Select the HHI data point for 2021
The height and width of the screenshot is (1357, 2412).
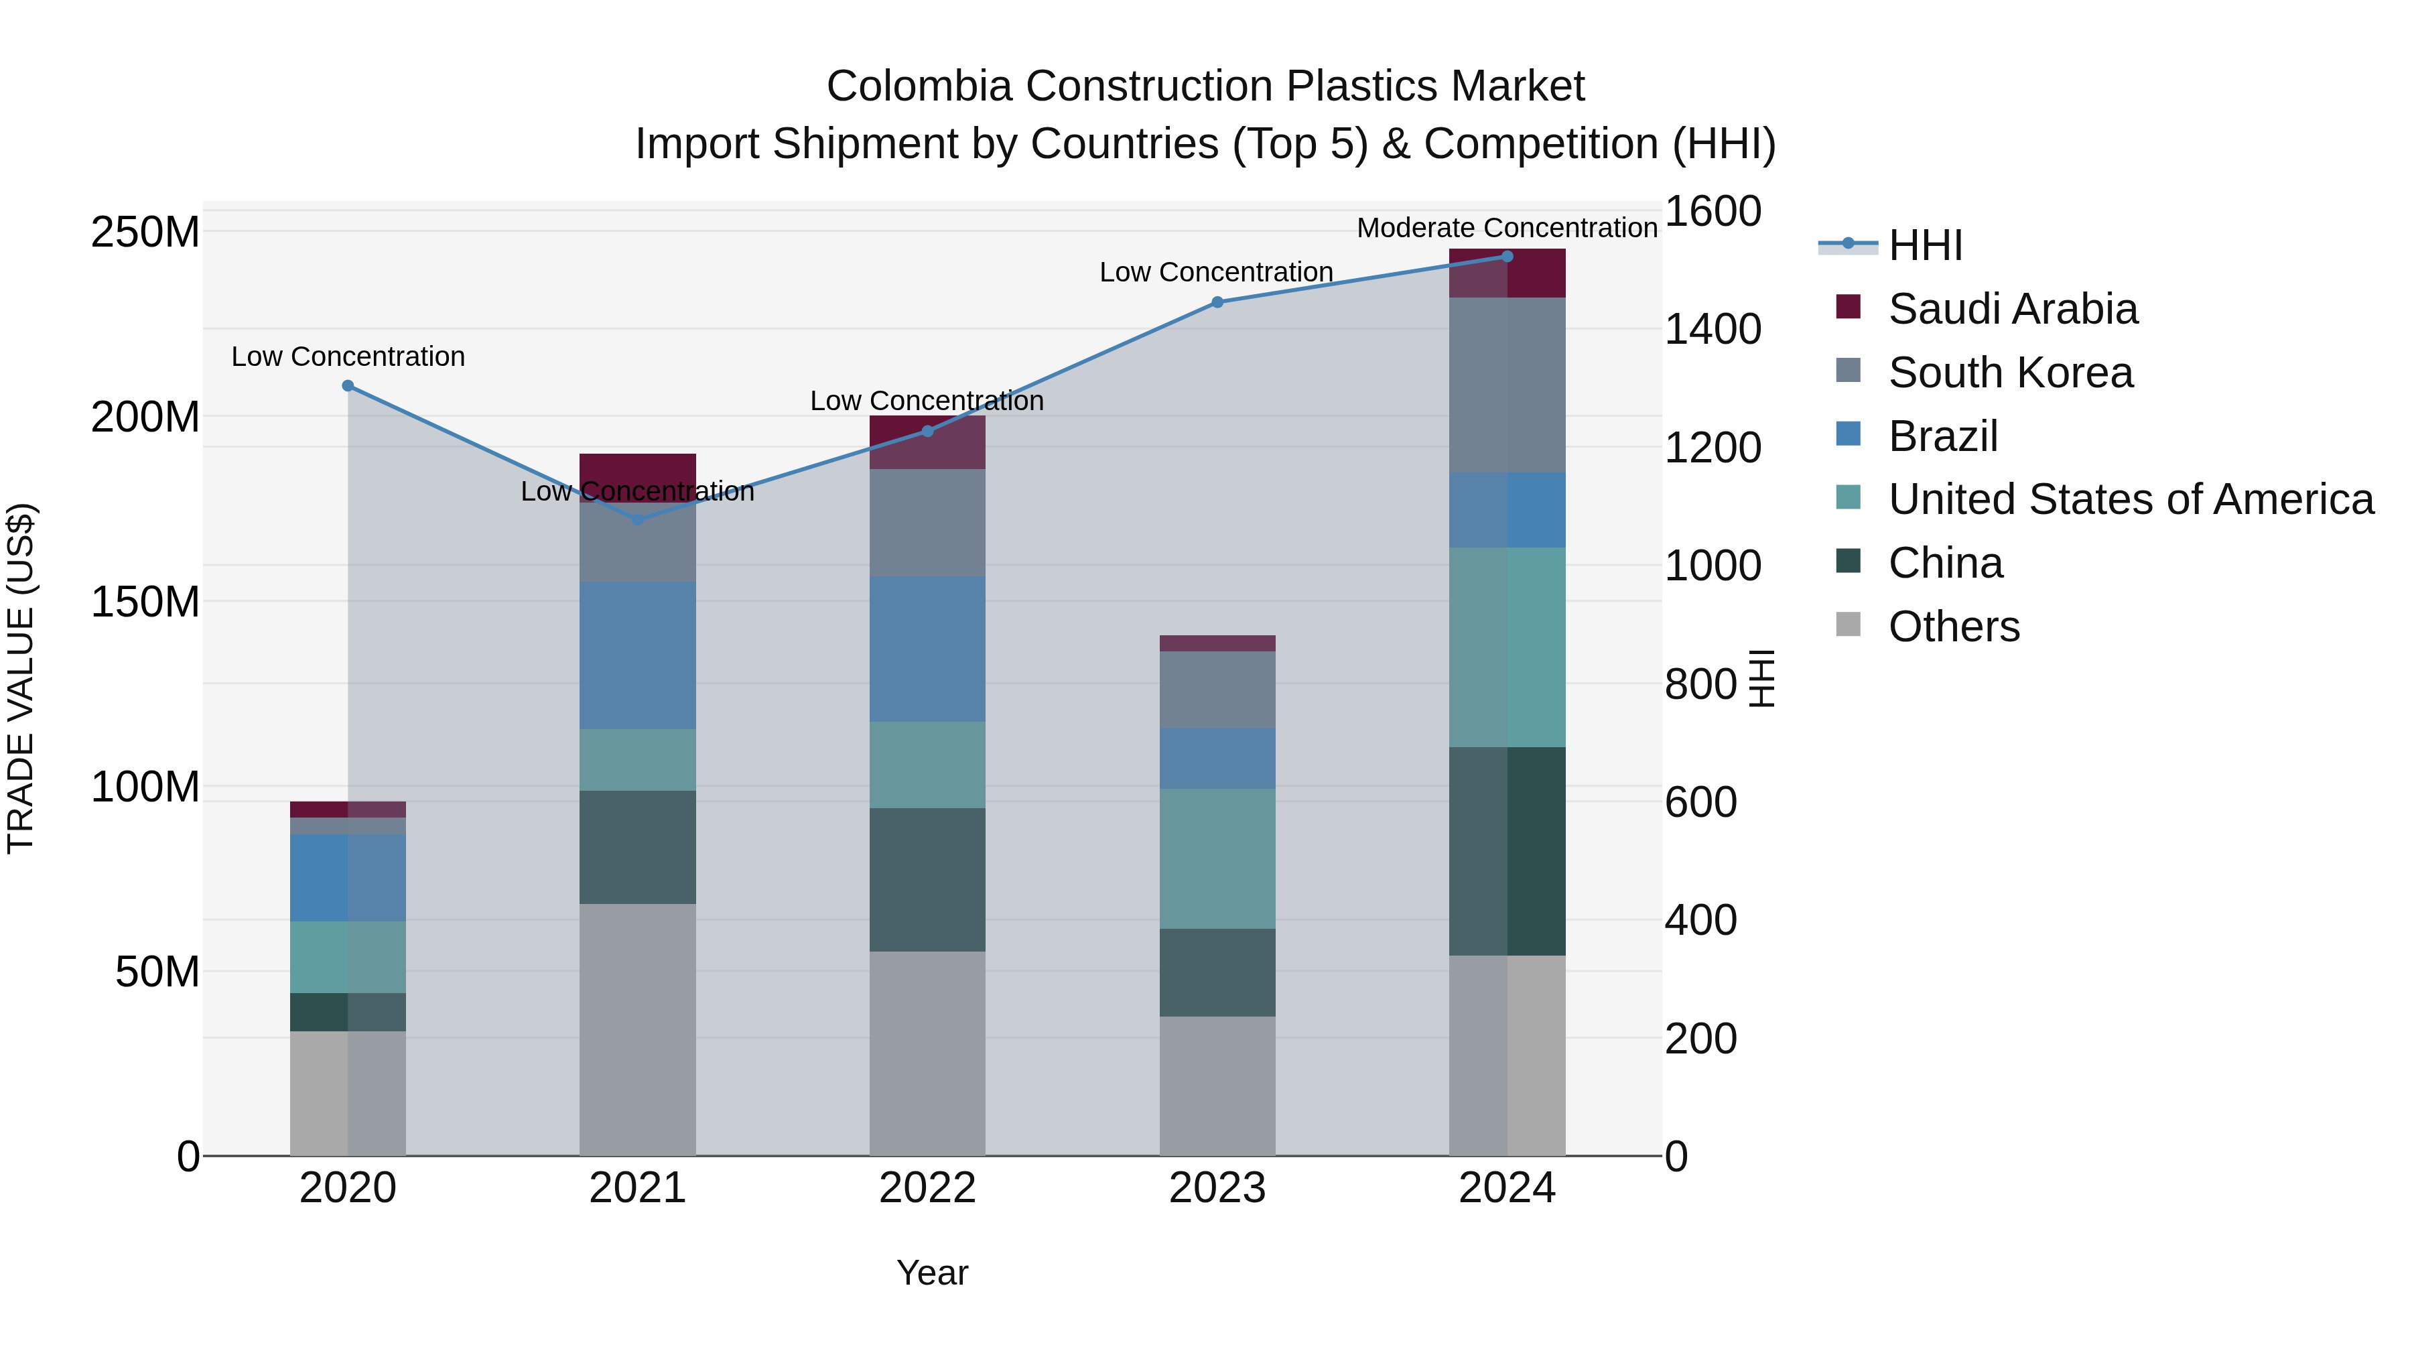tap(638, 520)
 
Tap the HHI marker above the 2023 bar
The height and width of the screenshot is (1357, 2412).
tap(1217, 302)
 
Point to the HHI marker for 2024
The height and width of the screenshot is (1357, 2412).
tap(1507, 257)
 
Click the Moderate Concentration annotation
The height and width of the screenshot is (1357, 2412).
tap(1507, 228)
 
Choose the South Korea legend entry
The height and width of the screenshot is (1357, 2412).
tap(2009, 373)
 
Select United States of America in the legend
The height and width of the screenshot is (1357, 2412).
tap(2130, 499)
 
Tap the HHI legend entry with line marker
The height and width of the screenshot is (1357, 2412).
tap(1924, 245)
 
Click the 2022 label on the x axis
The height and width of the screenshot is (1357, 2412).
tap(927, 1188)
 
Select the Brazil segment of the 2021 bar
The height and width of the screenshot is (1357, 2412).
tap(638, 655)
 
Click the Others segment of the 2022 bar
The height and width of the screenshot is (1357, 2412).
tap(927, 1053)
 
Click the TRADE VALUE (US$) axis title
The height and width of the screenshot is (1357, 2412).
tap(21, 678)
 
